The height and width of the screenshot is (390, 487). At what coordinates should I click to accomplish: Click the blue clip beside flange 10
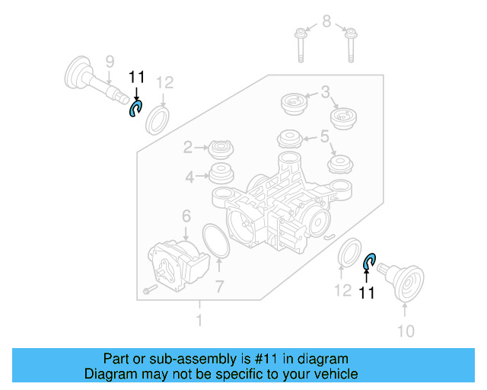coord(369,261)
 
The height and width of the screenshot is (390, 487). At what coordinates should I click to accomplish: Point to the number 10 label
coord(406,331)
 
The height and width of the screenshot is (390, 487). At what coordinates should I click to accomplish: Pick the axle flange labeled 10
coord(407,281)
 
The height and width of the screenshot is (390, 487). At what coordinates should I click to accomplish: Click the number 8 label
coord(326,21)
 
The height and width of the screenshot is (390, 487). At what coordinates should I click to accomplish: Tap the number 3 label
coord(325,93)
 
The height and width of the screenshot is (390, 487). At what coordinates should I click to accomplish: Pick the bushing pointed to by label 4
coord(222,174)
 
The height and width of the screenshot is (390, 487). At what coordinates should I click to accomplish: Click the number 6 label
coord(186,218)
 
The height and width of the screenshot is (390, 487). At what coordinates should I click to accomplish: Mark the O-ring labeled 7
coord(217,241)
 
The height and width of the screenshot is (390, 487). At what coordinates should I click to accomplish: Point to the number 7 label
coord(219,287)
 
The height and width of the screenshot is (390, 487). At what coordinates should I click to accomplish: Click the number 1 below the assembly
coord(199,321)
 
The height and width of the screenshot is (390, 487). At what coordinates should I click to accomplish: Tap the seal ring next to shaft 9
coord(158,120)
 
